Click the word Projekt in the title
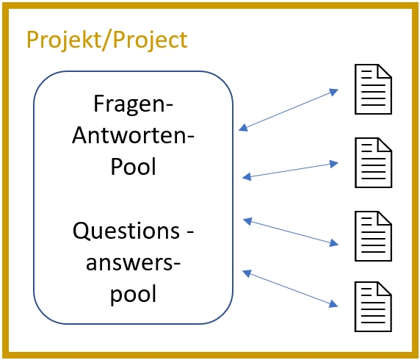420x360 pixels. pos(65,40)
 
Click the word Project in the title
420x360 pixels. pos(150,40)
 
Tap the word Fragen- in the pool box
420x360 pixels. pos(134,105)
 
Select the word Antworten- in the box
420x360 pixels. pos(133,135)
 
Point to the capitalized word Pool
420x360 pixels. pos(133,166)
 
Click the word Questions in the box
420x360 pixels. pos(126,231)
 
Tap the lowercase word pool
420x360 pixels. pos(133,295)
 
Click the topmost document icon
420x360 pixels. pos(374,89)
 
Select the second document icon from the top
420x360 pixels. pos(374,162)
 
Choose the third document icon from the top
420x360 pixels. pos(374,236)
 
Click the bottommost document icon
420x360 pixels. pos(374,306)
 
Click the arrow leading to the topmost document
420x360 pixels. pos(289,110)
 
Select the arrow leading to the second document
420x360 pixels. pos(290,170)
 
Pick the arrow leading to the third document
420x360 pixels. pos(291,232)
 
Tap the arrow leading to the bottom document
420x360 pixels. pos(290,289)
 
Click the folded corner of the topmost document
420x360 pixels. pos(385,71)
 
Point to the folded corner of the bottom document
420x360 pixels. pos(385,289)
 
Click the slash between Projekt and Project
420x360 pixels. pos(107,40)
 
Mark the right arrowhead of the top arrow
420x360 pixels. pos(334,92)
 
